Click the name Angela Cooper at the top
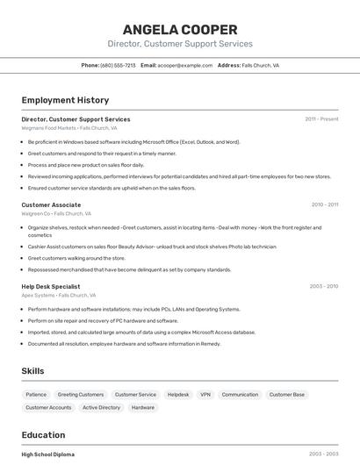click(179, 29)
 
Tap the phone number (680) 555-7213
click(118, 65)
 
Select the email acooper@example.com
click(185, 65)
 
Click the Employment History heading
click(65, 100)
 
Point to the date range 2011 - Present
click(321, 119)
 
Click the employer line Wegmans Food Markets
click(68, 128)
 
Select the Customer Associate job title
click(51, 204)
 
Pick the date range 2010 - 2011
click(324, 204)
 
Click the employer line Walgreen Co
click(56, 213)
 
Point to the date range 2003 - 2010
click(323, 286)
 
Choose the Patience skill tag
click(36, 395)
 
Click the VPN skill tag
click(205, 395)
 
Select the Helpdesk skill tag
click(178, 395)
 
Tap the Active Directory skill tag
click(101, 407)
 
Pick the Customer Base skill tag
click(286, 395)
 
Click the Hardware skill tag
click(143, 407)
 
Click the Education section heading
click(43, 435)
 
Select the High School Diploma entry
click(47, 454)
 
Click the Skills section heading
click(32, 371)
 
